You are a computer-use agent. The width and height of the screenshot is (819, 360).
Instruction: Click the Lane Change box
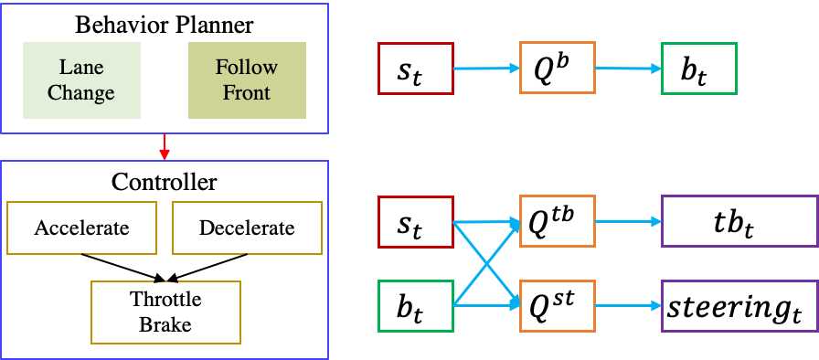(81, 80)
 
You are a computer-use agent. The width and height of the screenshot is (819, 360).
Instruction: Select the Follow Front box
(247, 80)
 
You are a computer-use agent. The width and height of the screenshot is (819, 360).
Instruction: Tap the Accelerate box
(81, 228)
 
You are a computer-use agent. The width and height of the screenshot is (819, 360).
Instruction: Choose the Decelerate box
(247, 228)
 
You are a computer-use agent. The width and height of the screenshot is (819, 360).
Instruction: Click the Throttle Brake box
(165, 312)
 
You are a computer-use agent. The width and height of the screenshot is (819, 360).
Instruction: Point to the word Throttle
(165, 300)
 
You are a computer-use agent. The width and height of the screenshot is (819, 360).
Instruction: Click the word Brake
(165, 324)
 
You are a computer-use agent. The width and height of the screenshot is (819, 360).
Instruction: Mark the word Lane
(81, 68)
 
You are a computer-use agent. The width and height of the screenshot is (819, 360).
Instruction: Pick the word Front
(247, 92)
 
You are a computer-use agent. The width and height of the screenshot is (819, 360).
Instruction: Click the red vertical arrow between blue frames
(165, 146)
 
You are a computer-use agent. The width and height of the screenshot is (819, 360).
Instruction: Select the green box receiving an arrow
(699, 69)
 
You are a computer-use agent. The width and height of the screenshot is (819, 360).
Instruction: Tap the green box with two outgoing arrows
(416, 306)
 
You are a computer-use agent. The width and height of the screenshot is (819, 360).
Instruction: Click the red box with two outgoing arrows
(416, 222)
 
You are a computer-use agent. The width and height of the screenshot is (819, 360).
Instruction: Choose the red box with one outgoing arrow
(416, 69)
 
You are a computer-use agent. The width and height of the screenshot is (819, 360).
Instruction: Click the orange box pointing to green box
(558, 69)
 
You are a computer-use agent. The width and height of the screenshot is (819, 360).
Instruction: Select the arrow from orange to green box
(628, 69)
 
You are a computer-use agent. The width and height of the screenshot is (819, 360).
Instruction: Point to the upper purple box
(739, 221)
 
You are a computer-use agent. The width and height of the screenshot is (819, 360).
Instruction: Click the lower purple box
(739, 306)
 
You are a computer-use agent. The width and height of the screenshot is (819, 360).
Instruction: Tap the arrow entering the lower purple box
(628, 306)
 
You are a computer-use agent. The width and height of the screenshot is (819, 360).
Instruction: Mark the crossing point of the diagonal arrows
(486, 264)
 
